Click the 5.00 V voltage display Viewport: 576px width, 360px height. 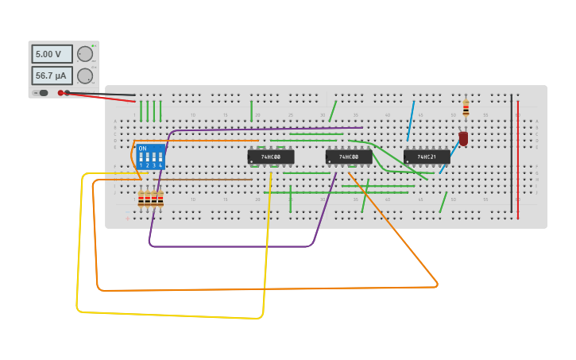[52, 54]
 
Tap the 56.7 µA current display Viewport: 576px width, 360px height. [52, 75]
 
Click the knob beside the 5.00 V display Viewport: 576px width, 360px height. [84, 54]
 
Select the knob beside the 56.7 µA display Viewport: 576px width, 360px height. [84, 75]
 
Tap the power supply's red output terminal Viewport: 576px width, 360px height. [60, 93]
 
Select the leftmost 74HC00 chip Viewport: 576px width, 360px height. [270, 157]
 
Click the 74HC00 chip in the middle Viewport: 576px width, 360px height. [348, 157]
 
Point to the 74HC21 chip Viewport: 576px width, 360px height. [426, 157]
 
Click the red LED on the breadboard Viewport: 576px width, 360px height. [463, 138]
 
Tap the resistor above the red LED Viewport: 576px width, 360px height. [466, 107]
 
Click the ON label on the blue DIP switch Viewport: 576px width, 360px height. [142, 149]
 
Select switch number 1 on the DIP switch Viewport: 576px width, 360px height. [141, 158]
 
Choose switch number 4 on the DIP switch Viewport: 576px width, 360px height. [160, 158]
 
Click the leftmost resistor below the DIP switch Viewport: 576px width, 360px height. [141, 198]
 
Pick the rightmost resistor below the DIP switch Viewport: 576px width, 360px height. [160, 198]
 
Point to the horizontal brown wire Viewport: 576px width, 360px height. [207, 180]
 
